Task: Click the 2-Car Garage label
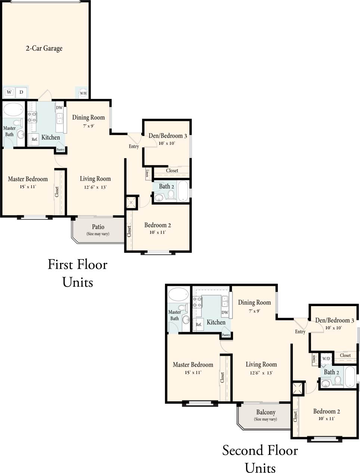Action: click(x=44, y=48)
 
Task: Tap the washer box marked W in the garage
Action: click(x=9, y=92)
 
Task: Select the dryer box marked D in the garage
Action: click(x=21, y=92)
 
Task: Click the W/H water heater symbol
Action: click(x=83, y=93)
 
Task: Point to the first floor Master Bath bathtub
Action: click(x=13, y=109)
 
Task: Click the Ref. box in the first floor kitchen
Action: click(x=34, y=139)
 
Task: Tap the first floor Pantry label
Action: click(x=60, y=150)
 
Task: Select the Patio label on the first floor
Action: click(x=98, y=227)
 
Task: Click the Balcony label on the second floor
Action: click(x=266, y=412)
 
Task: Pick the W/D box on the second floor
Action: click(x=326, y=358)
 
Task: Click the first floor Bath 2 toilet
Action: click(x=171, y=195)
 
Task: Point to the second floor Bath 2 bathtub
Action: click(x=351, y=378)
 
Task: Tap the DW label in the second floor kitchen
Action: click(x=225, y=312)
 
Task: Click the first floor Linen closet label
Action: click(x=148, y=174)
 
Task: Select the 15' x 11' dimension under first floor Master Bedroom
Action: click(x=28, y=187)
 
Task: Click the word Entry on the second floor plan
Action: click(x=300, y=332)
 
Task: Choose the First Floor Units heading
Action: click(x=78, y=273)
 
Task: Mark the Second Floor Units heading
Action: click(x=260, y=458)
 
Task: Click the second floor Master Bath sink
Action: click(x=186, y=320)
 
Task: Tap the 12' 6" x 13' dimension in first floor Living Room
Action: click(x=95, y=187)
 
